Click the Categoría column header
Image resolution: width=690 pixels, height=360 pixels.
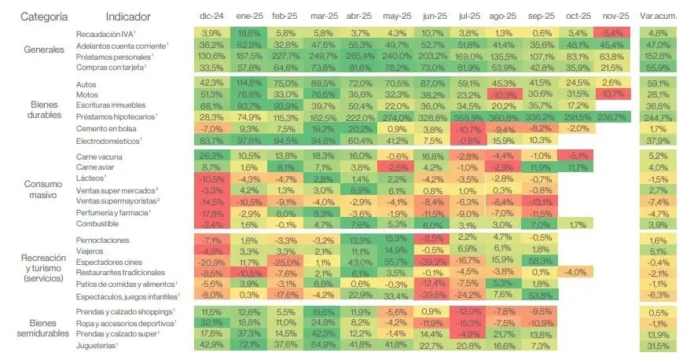pos(44,17)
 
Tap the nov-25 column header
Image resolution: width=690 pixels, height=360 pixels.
pos(611,17)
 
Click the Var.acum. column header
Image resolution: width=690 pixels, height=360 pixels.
pos(659,17)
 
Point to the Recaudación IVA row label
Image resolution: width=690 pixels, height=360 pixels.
pos(105,33)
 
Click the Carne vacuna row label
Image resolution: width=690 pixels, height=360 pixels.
pos(97,156)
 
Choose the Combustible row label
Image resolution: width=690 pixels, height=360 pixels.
pos(97,224)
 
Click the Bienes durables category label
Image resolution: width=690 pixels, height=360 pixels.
pos(44,111)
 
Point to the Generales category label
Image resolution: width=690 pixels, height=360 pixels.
pos(44,50)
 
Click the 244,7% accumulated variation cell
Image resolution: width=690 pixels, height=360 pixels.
pos(659,116)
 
